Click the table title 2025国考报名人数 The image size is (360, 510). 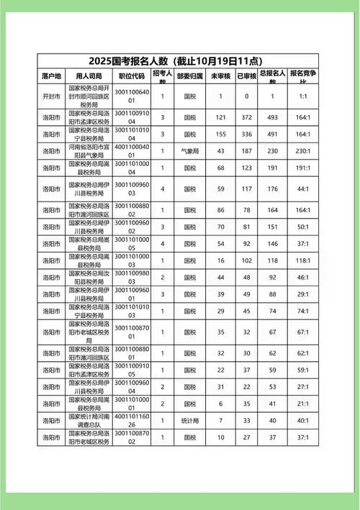point(180,60)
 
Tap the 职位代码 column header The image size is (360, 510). point(132,76)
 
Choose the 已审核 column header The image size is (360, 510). point(247,76)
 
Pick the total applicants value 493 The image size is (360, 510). point(273,117)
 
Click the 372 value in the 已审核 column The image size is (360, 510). point(247,117)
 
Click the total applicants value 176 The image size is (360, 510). point(273,189)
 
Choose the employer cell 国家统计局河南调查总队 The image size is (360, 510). point(89,420)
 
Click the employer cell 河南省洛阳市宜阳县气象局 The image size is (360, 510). point(89,150)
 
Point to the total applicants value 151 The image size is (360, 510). point(273,227)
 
